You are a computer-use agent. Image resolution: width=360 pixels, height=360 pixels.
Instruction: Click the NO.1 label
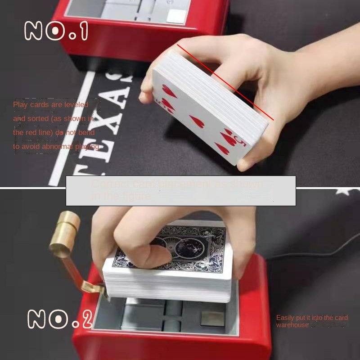point(57,32)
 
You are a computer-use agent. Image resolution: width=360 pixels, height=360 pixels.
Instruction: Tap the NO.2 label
point(60,319)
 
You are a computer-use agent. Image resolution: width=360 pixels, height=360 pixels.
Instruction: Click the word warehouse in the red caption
point(292,325)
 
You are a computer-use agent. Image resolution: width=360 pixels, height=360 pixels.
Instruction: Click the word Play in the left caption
point(20,105)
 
